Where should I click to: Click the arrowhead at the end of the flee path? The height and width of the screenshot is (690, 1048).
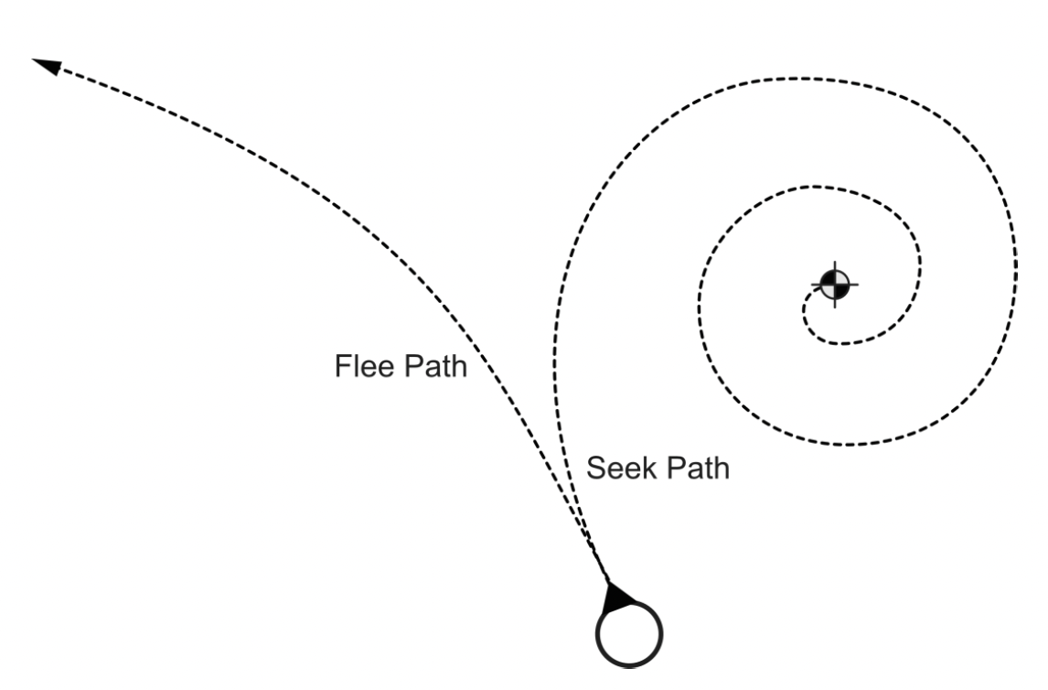46,67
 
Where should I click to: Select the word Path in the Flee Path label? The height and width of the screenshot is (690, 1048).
436,368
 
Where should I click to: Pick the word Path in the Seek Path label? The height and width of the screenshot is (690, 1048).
697,469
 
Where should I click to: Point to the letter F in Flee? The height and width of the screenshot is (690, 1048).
340,368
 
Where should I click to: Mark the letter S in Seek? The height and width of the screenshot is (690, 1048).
594,469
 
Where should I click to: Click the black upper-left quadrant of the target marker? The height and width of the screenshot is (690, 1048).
829,278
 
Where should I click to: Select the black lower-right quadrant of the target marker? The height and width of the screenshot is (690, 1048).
841,290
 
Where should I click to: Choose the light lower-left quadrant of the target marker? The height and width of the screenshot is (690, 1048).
829,290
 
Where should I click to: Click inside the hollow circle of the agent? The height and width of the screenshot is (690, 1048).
629,631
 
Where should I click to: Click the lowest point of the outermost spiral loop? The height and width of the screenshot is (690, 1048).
846,446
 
